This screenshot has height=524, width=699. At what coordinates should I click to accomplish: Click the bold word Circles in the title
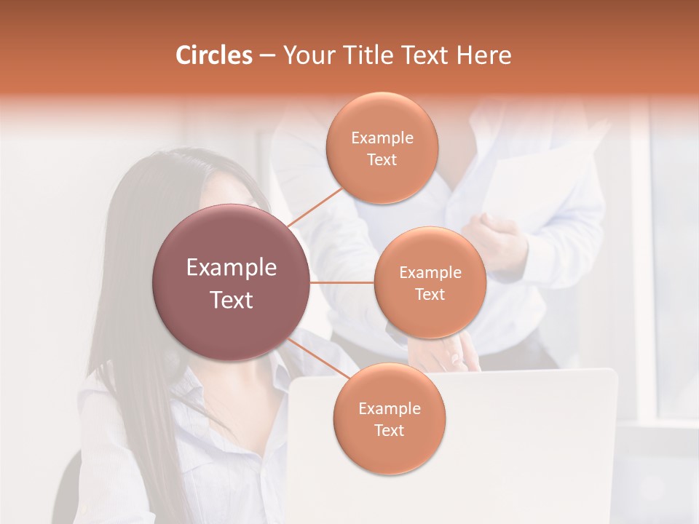tap(214, 55)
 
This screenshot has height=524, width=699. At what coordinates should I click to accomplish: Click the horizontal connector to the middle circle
tap(342, 282)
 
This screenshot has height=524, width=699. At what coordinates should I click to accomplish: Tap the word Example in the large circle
tap(232, 268)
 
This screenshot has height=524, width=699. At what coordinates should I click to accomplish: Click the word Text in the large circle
tap(232, 300)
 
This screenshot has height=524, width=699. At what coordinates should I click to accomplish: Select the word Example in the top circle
tap(382, 138)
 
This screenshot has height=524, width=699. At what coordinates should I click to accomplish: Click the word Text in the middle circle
tap(430, 294)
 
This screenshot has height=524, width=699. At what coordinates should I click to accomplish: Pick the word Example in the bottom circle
tap(389, 408)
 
